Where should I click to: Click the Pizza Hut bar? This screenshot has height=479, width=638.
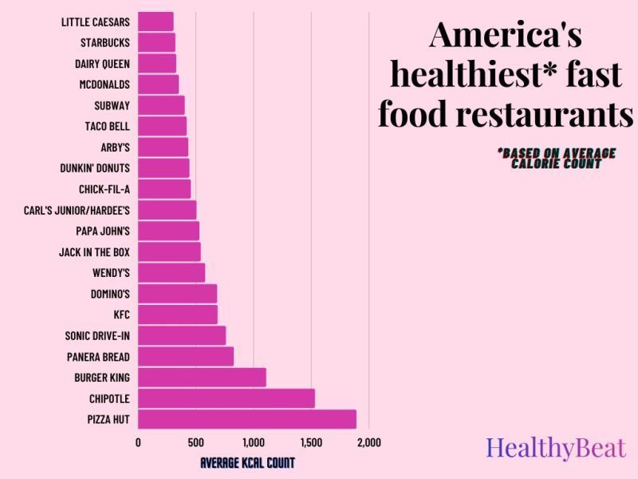click(247, 419)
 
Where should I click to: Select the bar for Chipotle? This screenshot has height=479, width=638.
click(226, 398)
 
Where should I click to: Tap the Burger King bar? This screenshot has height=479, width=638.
click(202, 377)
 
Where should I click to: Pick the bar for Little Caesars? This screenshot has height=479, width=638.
click(156, 22)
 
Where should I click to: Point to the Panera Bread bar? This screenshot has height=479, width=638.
click(186, 356)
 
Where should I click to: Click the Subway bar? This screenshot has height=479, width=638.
click(161, 105)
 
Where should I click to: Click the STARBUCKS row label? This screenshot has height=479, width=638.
click(105, 42)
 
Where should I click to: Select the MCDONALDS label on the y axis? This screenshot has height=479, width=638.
click(104, 84)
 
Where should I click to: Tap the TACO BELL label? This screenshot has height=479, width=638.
click(107, 126)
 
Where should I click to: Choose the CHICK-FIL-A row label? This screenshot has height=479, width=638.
click(104, 189)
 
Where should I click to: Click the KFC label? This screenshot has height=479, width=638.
click(121, 315)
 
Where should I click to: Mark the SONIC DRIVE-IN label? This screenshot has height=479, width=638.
click(97, 335)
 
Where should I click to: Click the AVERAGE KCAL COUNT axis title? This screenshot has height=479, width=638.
click(247, 462)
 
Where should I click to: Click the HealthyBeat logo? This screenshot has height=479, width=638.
click(556, 448)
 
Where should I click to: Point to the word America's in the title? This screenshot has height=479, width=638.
click(506, 36)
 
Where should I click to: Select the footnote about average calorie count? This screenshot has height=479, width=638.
click(555, 158)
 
